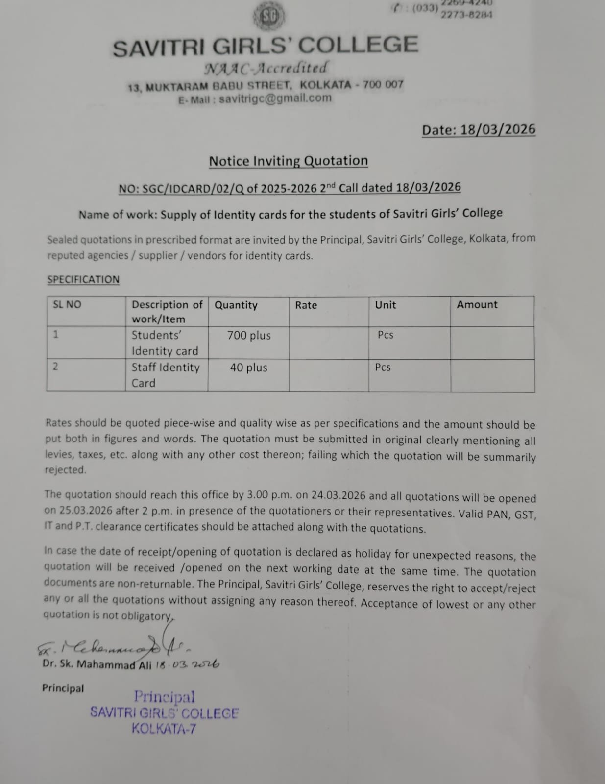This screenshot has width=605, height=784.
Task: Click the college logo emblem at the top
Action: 269,17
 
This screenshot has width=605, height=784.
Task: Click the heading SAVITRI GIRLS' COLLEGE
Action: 266,46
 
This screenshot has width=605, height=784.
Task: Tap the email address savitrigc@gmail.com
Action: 275,98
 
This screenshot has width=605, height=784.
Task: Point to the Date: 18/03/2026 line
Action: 479,130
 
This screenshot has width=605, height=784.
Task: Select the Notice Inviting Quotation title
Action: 288,161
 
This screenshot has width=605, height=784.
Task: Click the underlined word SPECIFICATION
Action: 83,279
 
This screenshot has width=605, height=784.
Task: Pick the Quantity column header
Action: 236,305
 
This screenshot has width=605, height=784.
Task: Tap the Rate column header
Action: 306,305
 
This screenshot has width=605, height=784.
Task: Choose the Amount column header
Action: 477,305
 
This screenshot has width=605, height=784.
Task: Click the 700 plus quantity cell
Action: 249,336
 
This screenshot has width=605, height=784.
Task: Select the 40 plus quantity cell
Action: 249,367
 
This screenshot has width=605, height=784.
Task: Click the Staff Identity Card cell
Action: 166,375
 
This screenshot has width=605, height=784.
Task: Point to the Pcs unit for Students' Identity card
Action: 386,335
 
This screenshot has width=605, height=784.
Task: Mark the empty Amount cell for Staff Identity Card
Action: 492,375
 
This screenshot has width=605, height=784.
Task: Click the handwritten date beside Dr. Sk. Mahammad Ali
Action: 188,664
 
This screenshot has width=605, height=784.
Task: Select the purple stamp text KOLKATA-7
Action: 164,729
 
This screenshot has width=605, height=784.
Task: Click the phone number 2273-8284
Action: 466,15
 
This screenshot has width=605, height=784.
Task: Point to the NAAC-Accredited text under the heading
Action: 265,68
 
